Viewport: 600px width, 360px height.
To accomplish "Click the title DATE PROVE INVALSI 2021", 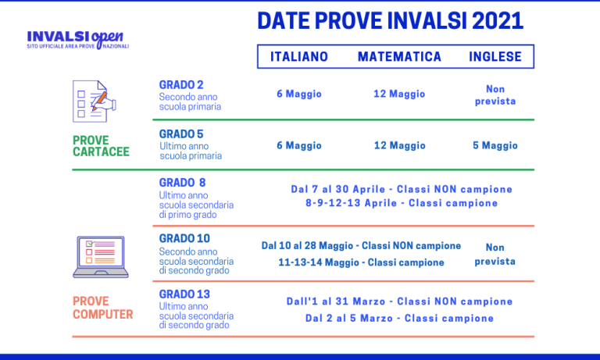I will (390, 21).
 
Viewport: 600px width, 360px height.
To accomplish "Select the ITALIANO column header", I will (299, 57).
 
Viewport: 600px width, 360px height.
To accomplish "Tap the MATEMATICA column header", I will (399, 57).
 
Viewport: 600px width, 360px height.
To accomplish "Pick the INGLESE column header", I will (495, 57).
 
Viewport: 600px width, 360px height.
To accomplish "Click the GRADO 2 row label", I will (181, 84).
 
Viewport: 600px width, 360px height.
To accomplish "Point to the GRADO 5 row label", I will (181, 134).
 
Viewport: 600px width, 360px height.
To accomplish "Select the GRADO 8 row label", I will (183, 183).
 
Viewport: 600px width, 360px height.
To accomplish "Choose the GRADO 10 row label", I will (184, 238).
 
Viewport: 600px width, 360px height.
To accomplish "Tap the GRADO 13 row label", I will (184, 294).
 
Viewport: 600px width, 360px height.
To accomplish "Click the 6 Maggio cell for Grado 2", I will (299, 94).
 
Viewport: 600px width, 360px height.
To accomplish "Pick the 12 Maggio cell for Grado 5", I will (399, 145).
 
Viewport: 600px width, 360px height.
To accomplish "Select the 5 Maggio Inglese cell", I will (495, 145).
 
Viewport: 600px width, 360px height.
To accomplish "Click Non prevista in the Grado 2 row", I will (495, 94).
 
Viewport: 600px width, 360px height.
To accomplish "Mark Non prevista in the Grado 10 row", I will (495, 254).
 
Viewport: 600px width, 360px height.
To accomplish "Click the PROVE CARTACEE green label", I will (101, 146).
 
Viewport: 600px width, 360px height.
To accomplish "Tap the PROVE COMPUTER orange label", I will (102, 308).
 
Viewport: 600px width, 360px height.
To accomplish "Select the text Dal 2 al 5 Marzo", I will (352, 319).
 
